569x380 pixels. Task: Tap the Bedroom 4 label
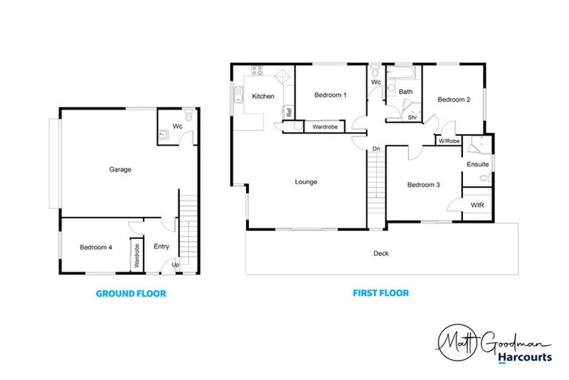(96, 247)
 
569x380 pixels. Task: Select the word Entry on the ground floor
(161, 247)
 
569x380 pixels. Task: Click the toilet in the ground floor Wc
(188, 117)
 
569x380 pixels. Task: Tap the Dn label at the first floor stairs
(376, 149)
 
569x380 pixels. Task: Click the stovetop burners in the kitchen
(257, 72)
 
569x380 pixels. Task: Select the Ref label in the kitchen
(288, 112)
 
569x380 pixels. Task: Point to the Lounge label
(306, 182)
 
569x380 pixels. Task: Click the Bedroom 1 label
(330, 95)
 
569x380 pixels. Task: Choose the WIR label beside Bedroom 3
(476, 204)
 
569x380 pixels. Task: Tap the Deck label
(381, 253)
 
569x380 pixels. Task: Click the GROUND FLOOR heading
(131, 293)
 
